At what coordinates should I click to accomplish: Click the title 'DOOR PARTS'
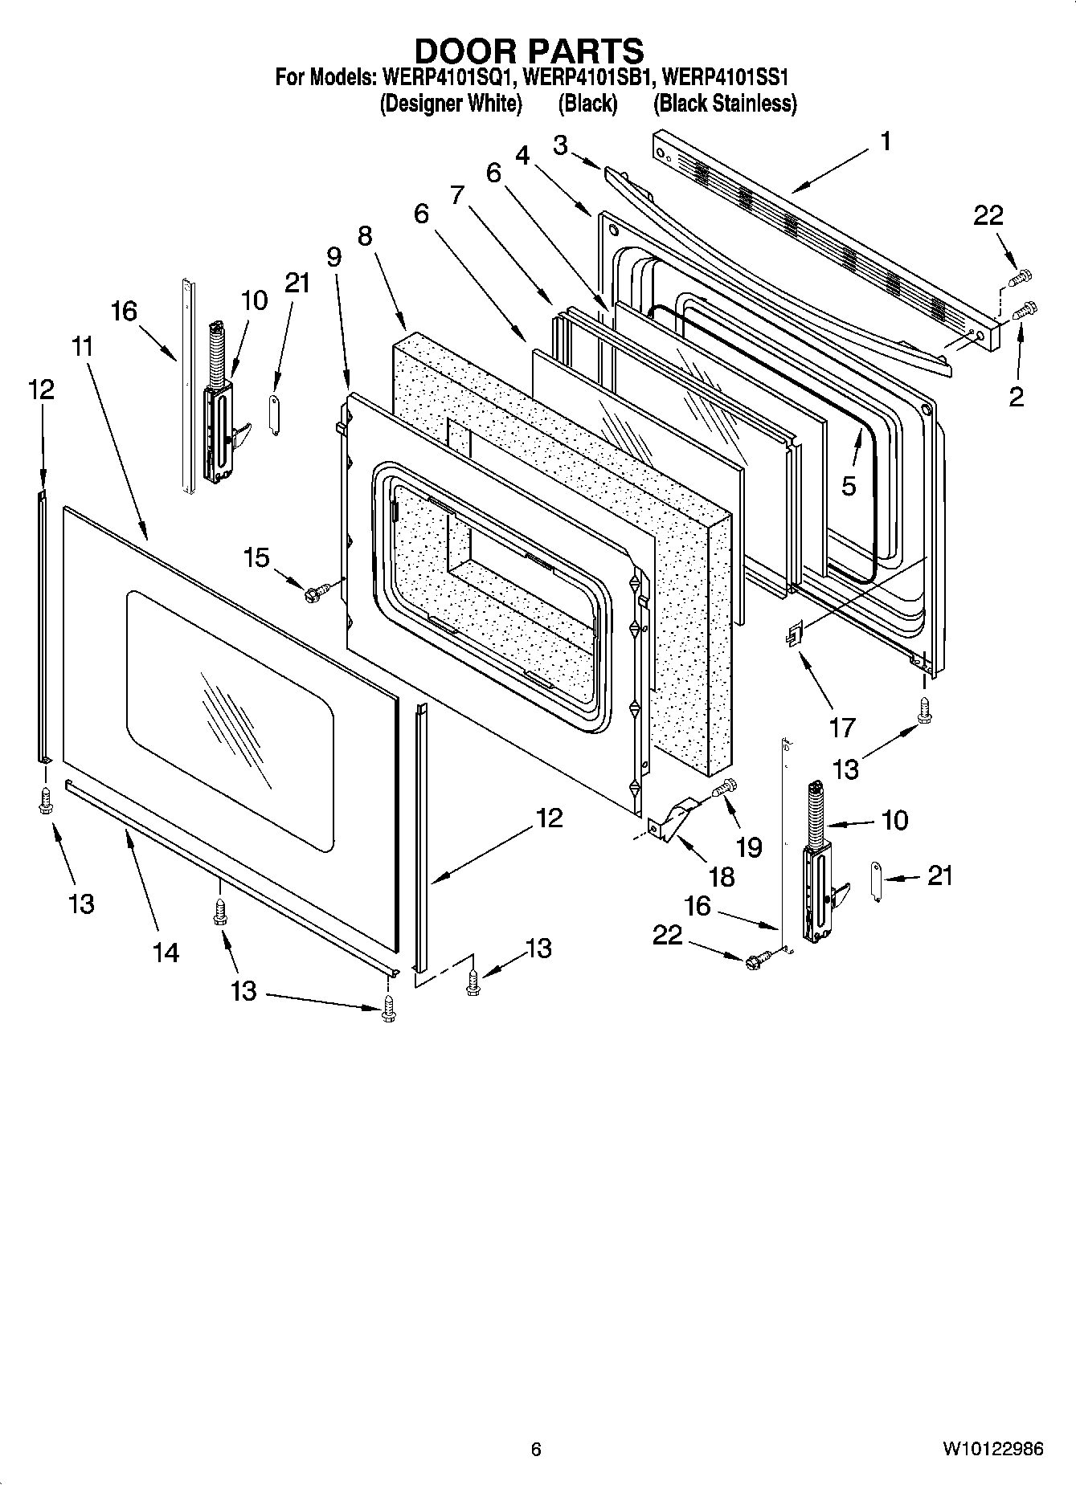point(528,51)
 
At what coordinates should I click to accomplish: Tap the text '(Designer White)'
point(451,104)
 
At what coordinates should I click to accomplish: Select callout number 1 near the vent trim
point(885,142)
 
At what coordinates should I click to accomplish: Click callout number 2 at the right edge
point(1016,396)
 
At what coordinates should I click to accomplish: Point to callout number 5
point(849,485)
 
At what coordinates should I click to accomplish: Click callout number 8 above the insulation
point(365,235)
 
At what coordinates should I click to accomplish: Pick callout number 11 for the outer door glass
point(83,347)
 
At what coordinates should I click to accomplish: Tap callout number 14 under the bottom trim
point(166,953)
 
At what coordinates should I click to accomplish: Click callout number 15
point(256,557)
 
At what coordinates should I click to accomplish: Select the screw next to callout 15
point(314,594)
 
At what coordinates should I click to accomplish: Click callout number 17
point(842,728)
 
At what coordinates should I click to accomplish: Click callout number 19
point(749,847)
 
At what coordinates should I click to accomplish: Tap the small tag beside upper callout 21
point(273,414)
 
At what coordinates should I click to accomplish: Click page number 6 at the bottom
point(536,1449)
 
